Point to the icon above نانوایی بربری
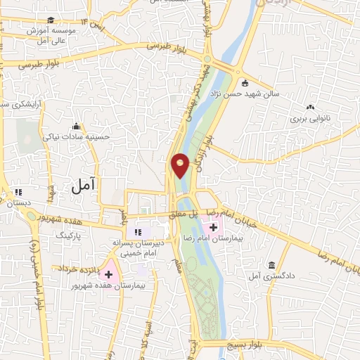[310, 107]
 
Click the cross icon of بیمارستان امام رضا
[213, 228]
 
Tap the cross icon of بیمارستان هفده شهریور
[109, 273]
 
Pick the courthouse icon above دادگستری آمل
[271, 265]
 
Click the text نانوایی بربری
[310, 120]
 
